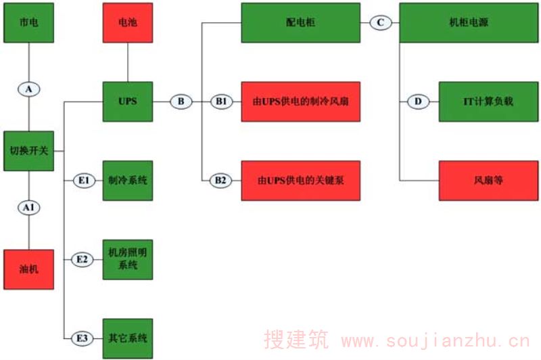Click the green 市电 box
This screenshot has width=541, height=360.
click(29, 22)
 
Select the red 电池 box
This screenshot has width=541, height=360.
click(127, 22)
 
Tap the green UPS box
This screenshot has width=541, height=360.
click(127, 102)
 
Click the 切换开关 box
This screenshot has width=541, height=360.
click(29, 150)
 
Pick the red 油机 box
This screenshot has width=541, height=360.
click(29, 269)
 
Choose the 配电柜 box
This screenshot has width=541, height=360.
click(300, 22)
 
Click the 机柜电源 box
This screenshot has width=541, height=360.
click(469, 22)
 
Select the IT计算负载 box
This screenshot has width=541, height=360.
click(488, 102)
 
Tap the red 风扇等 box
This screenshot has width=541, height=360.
click(488, 181)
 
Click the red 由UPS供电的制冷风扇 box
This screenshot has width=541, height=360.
click(300, 102)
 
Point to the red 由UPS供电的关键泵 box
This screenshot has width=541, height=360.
click(300, 181)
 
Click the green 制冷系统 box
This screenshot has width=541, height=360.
click(127, 181)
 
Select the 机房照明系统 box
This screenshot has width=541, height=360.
click(127, 258)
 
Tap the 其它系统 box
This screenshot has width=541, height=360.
click(127, 337)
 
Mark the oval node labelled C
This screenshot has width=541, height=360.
click(380, 22)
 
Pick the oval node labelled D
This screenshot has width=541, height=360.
click(417, 102)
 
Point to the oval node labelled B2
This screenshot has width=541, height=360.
click(221, 181)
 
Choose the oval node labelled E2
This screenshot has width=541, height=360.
click(83, 259)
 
